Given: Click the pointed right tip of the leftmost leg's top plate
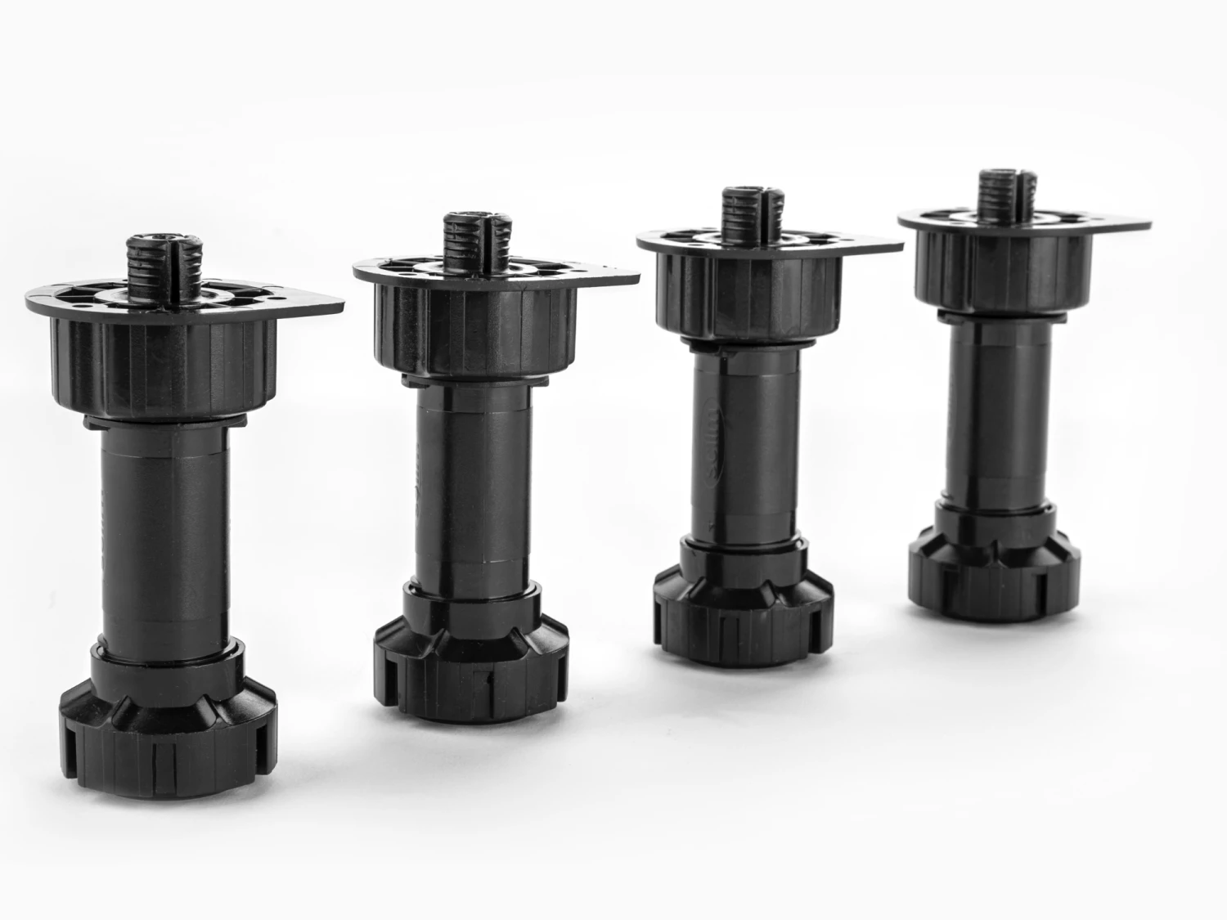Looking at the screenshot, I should point(340,303).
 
